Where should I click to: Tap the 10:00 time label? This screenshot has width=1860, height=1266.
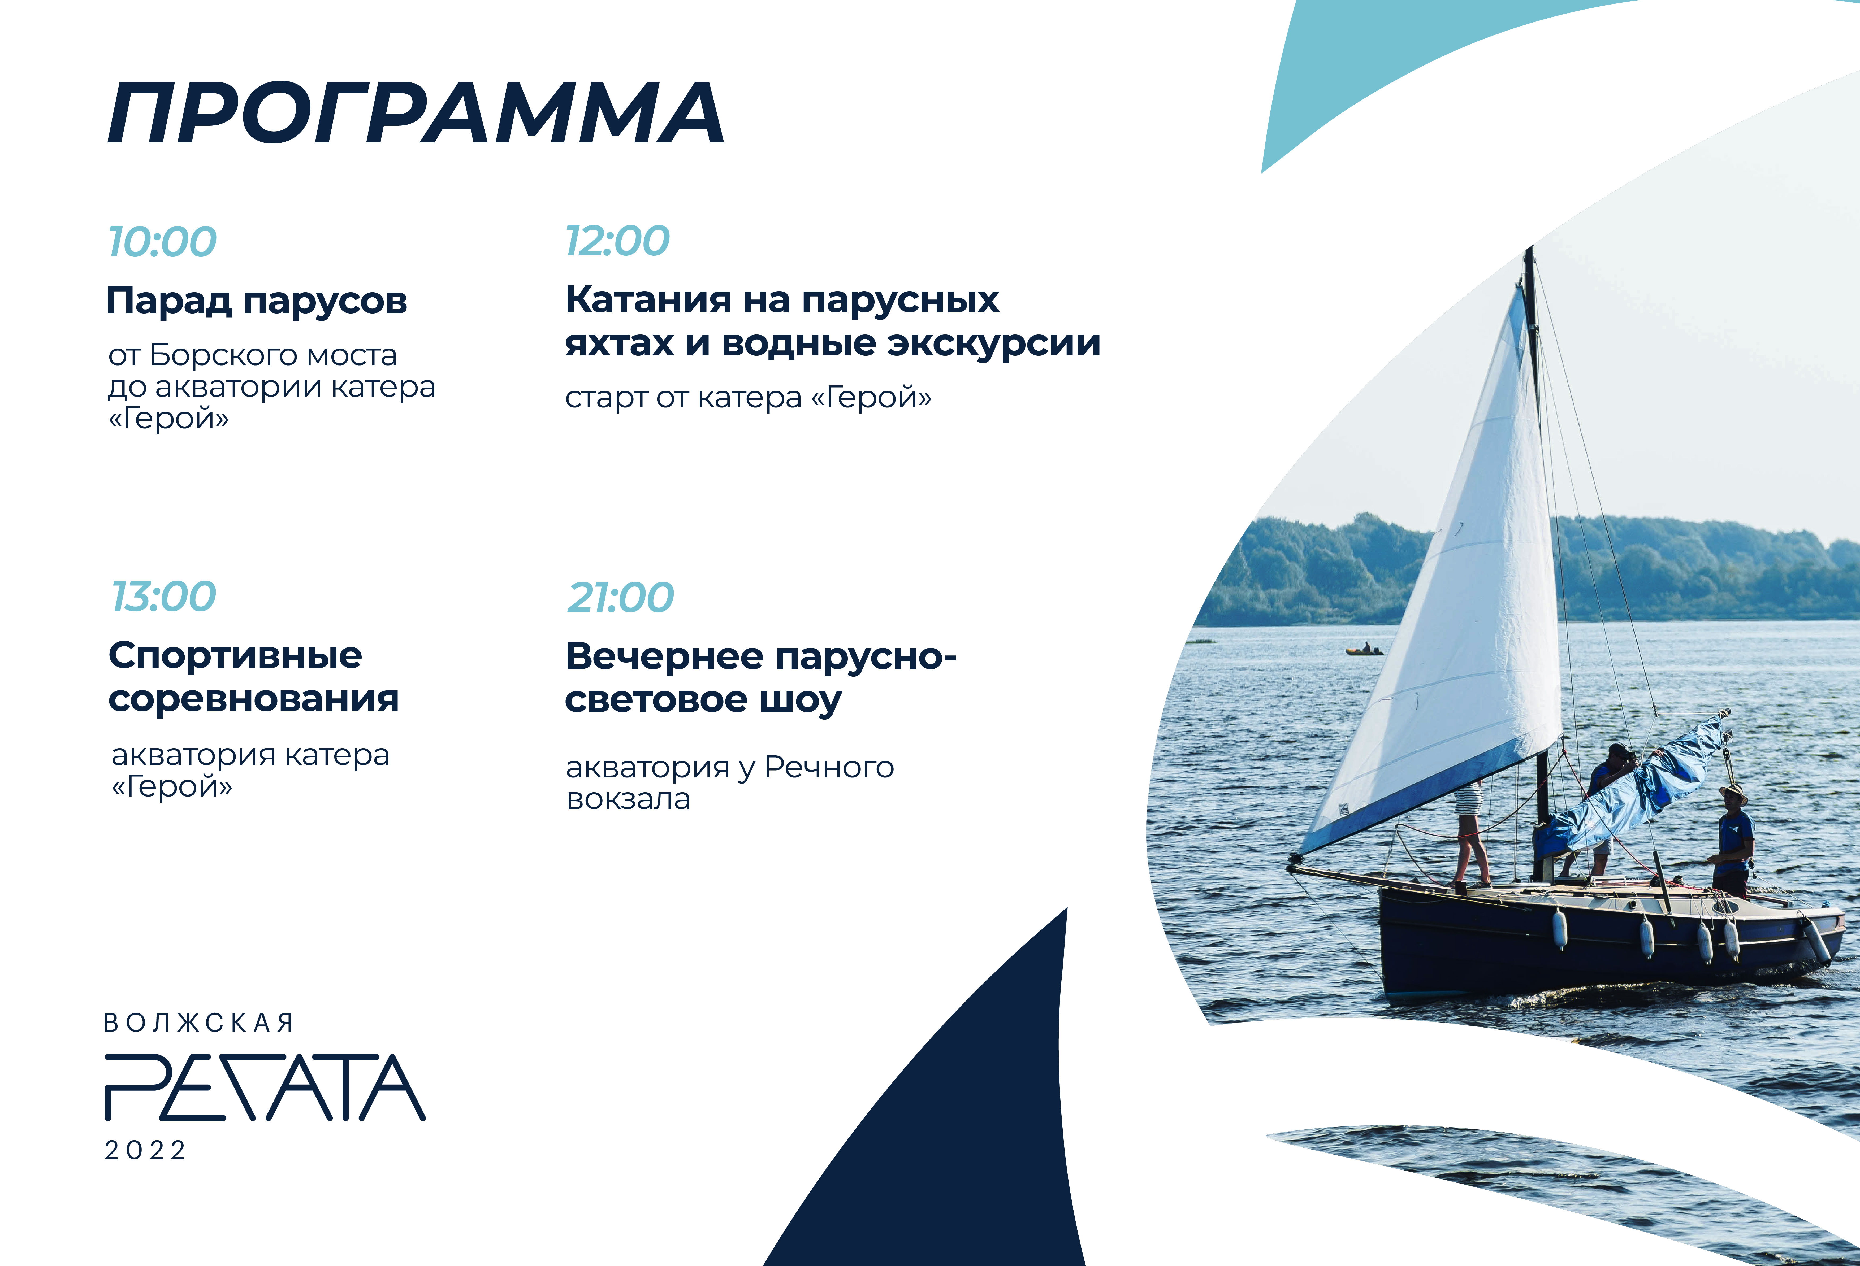pos(162,242)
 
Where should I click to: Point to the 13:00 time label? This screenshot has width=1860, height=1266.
pos(163,597)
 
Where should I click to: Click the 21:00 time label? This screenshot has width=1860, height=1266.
pos(620,598)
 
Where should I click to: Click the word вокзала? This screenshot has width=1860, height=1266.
pos(628,799)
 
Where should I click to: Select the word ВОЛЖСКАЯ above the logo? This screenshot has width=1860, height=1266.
pos(198,1023)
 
